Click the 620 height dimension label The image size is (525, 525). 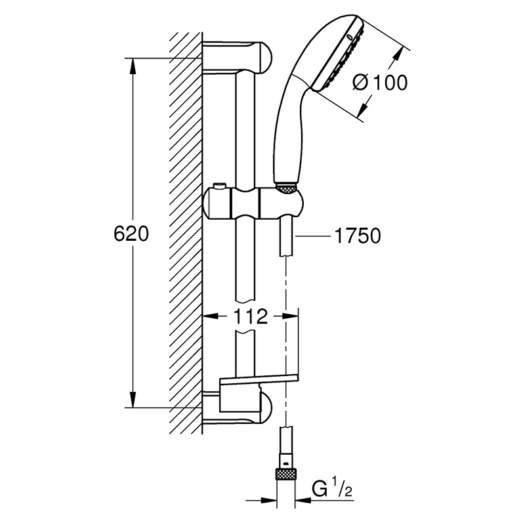131,234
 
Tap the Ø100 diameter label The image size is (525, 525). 380,82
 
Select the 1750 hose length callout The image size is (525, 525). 358,236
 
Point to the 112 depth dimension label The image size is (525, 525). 251,316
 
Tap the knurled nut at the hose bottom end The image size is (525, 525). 285,474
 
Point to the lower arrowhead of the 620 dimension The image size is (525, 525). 133,400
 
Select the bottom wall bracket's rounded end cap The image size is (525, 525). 266,408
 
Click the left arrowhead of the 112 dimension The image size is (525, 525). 211,316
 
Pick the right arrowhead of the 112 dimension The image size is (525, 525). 291,316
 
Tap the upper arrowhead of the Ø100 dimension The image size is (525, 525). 397,54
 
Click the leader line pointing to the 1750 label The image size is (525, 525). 313,236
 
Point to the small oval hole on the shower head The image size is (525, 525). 350,37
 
